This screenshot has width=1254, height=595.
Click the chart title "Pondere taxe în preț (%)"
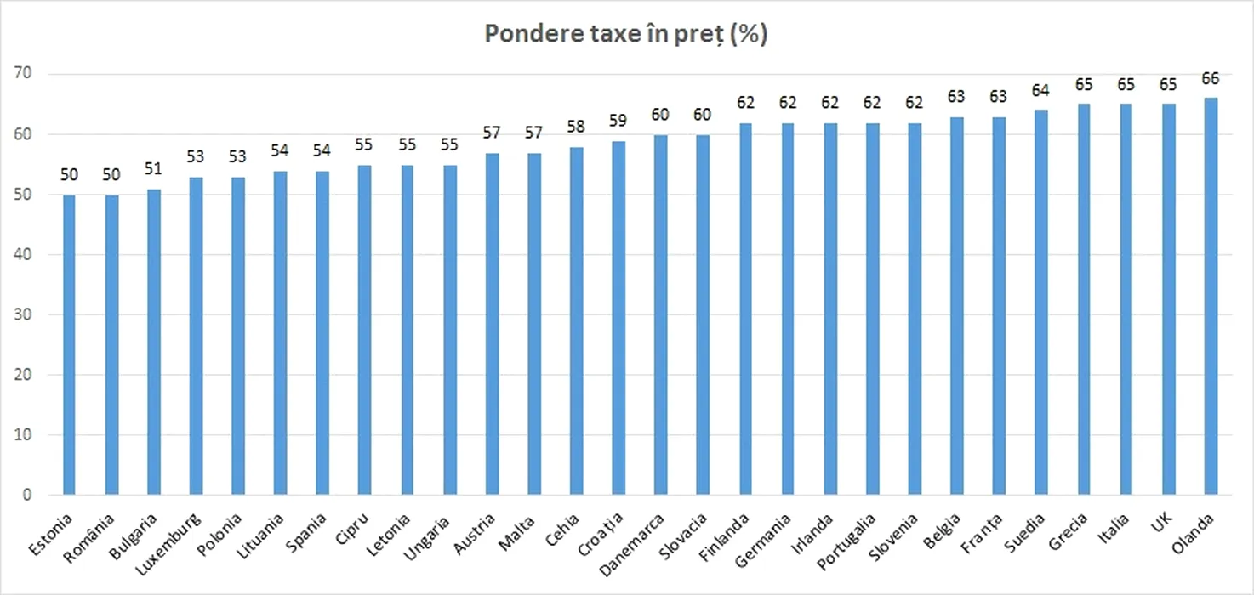(x=626, y=34)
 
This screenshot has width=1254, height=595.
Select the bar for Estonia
(x=68, y=344)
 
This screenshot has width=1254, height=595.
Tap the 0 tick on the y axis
(x=27, y=495)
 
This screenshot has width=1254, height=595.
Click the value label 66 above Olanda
(x=1211, y=79)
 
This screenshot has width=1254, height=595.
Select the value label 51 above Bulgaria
(x=153, y=169)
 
